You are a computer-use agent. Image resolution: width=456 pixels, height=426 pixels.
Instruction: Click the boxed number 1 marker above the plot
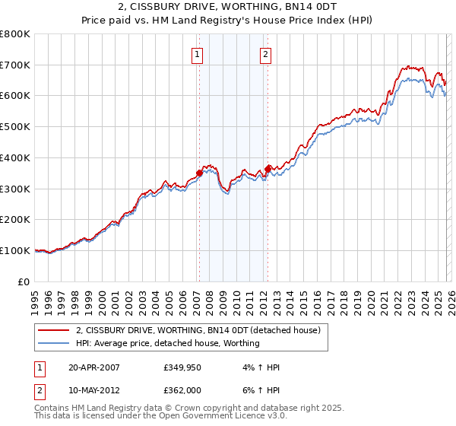pyautogui.click(x=198, y=54)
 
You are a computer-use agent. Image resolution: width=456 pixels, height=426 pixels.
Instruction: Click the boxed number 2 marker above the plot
pyautogui.click(x=266, y=54)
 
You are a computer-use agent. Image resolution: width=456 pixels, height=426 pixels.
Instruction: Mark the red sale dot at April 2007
pyautogui.click(x=199, y=173)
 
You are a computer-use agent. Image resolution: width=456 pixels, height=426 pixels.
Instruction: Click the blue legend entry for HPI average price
pyautogui.click(x=167, y=344)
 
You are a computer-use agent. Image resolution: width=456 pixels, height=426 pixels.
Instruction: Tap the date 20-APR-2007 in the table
pyautogui.click(x=93, y=367)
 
